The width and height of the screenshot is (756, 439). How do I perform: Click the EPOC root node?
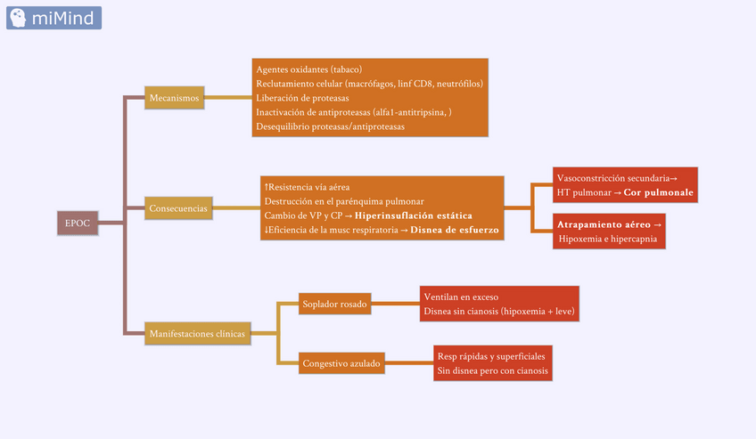tap(78, 223)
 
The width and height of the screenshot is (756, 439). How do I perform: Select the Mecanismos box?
tap(175, 98)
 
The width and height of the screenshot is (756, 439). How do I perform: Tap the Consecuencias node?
tap(179, 209)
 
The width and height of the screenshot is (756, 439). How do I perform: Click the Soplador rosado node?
tap(333, 305)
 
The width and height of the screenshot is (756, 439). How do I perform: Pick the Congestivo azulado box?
tap(341, 363)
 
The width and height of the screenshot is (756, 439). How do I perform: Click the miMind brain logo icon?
tap(17, 18)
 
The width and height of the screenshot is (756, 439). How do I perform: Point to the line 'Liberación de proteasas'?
tap(302, 98)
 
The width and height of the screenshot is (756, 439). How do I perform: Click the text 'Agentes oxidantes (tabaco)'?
tap(308, 69)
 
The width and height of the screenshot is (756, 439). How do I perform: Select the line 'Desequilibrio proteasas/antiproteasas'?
tap(330, 126)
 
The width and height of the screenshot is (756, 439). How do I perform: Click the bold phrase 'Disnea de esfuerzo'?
tap(456, 230)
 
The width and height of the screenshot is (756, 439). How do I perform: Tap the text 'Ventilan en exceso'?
tap(461, 297)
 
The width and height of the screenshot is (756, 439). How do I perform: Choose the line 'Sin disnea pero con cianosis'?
tap(492, 370)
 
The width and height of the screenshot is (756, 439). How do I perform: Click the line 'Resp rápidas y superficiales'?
tap(491, 356)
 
